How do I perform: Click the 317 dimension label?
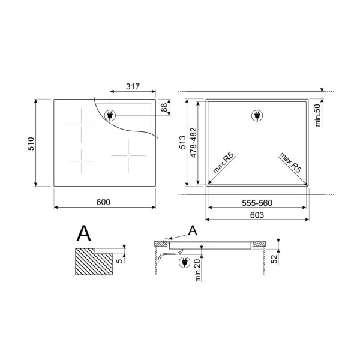133,86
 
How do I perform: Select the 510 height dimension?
31,144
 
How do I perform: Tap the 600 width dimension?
103,202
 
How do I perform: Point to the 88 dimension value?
164,107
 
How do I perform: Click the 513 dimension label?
182,142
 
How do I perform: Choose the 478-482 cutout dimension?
194,143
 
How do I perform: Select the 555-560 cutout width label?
257,203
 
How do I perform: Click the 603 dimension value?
257,215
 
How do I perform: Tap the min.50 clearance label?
317,115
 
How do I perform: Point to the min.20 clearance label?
197,270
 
